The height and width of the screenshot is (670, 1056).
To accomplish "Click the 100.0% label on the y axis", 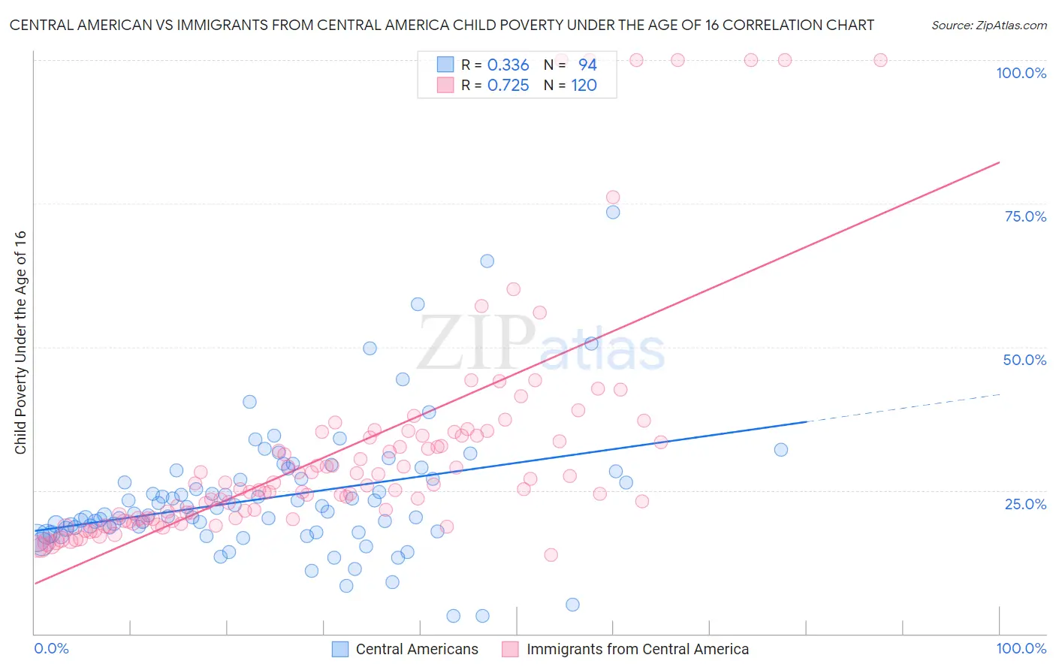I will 1021,73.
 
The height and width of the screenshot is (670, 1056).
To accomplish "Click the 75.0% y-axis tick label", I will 1025,216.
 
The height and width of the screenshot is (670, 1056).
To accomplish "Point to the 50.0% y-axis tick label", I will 1024,360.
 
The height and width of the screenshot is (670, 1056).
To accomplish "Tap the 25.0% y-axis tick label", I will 1025,503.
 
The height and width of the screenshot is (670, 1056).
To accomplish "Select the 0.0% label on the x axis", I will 51,648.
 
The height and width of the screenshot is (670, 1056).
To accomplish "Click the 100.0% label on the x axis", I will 1021,648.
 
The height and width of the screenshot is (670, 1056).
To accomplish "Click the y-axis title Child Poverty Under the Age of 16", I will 20,342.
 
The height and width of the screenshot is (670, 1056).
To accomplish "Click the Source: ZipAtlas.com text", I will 988,25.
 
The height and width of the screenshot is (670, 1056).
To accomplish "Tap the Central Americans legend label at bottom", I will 417,649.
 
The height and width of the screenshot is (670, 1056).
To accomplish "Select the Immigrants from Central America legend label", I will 638,649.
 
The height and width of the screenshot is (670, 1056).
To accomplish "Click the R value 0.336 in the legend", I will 508,65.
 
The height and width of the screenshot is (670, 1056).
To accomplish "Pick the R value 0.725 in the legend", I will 508,86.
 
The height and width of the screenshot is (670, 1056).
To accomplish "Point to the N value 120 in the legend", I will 584,86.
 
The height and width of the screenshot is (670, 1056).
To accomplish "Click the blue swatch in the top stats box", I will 445,65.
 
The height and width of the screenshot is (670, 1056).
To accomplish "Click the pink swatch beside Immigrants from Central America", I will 511,649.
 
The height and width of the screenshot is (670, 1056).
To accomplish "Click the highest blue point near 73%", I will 613,212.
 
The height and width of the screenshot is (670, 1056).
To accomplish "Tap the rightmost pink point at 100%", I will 880,60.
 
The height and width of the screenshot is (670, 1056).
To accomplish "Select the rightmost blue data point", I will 781,450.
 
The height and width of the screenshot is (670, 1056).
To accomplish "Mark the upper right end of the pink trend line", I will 1000,162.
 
